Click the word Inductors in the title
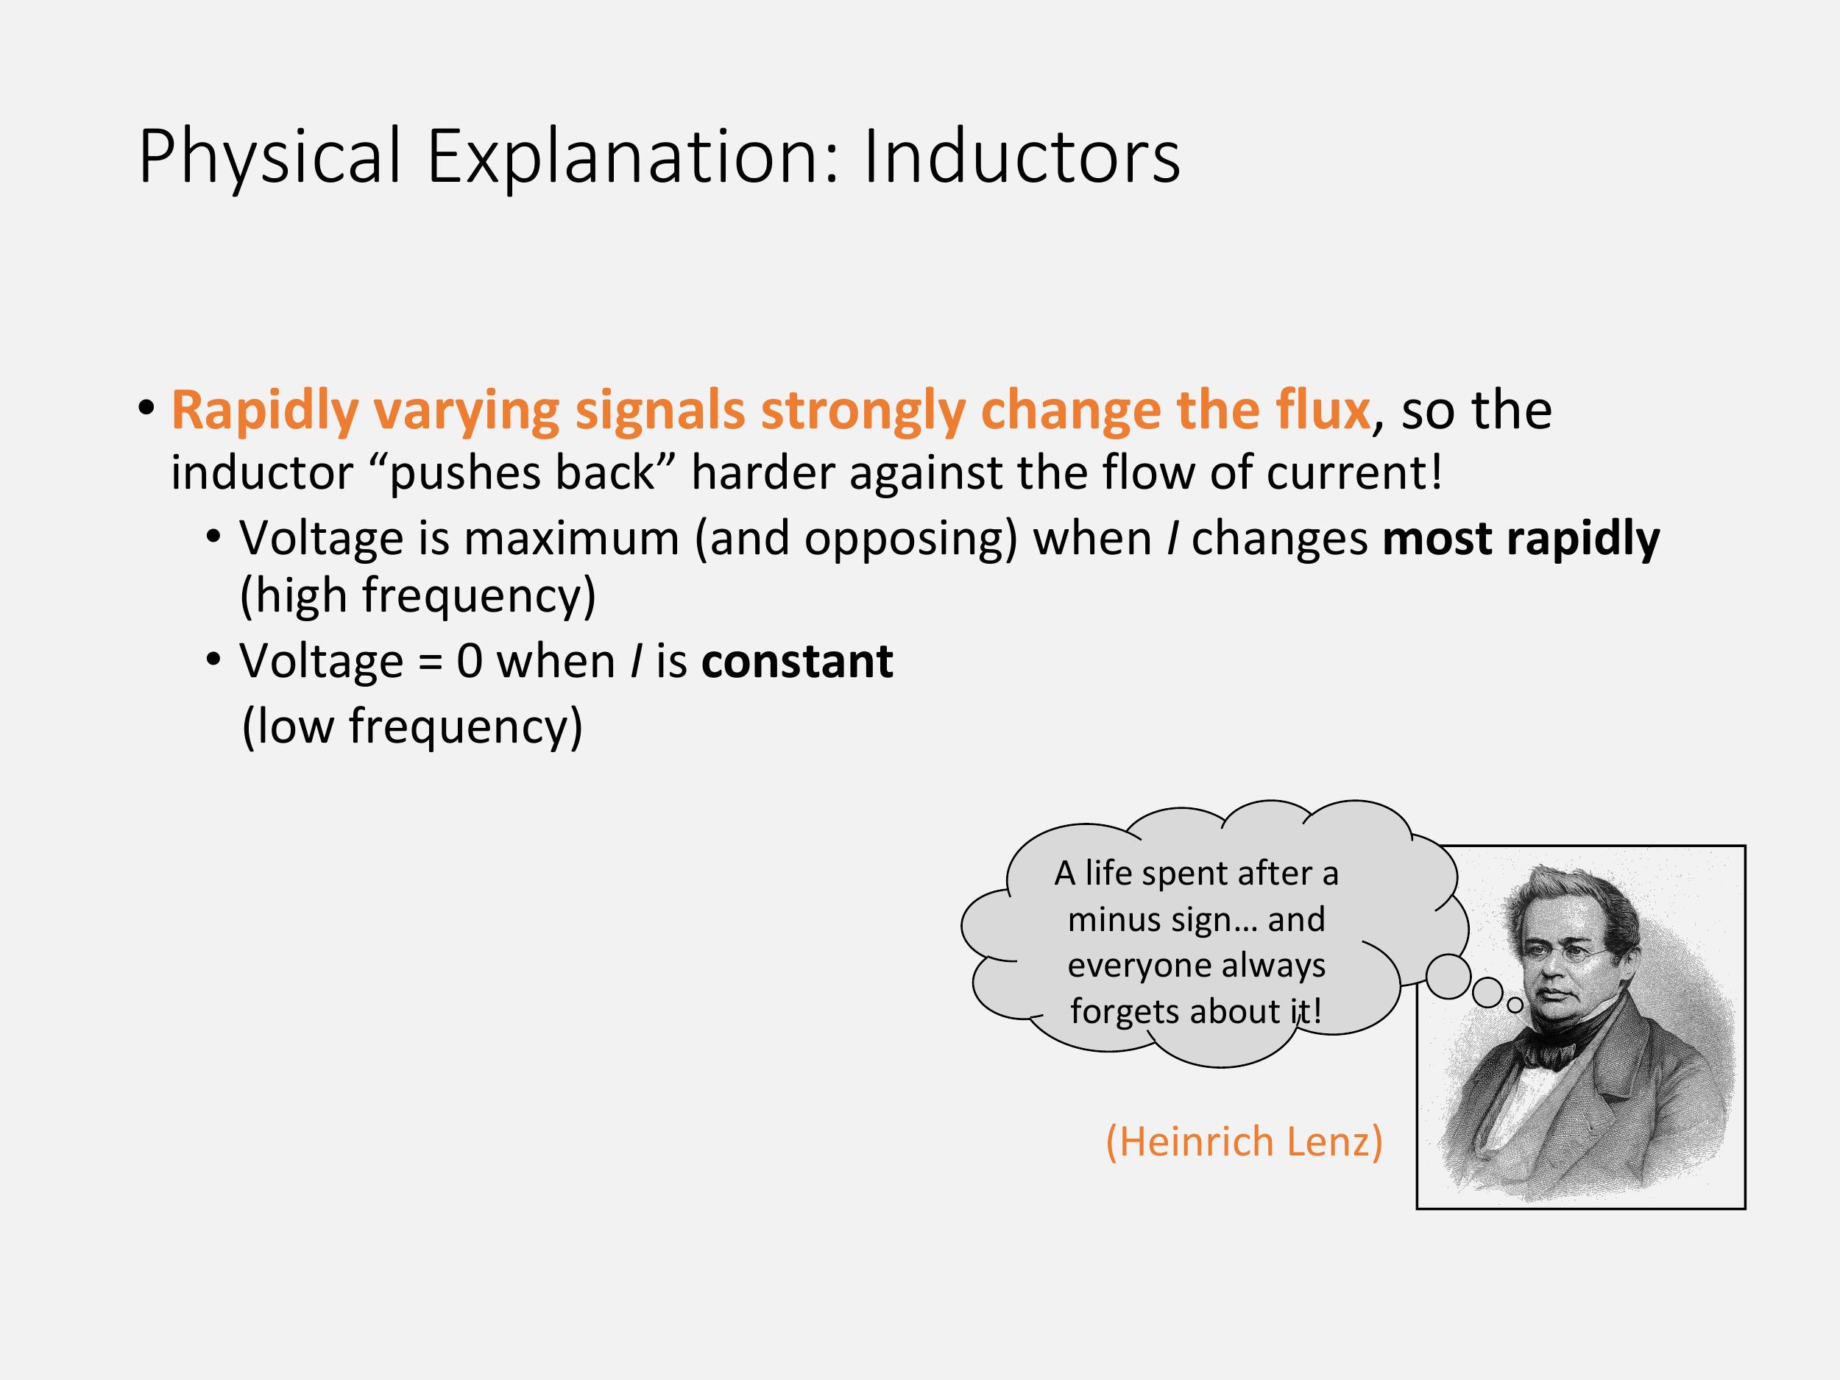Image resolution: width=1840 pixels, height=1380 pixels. tap(1022, 156)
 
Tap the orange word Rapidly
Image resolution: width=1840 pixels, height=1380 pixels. tap(264, 411)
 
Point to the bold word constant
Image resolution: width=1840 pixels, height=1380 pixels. tap(797, 662)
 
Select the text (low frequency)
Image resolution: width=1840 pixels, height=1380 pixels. tap(413, 727)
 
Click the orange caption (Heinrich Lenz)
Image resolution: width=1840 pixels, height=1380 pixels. tap(1245, 1142)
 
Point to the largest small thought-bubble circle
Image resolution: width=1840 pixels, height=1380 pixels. tap(1449, 977)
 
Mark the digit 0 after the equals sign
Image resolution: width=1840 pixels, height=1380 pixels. tap(469, 663)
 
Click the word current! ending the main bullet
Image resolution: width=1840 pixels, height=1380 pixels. tap(1354, 473)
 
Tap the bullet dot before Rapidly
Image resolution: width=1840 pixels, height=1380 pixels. tap(146, 408)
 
